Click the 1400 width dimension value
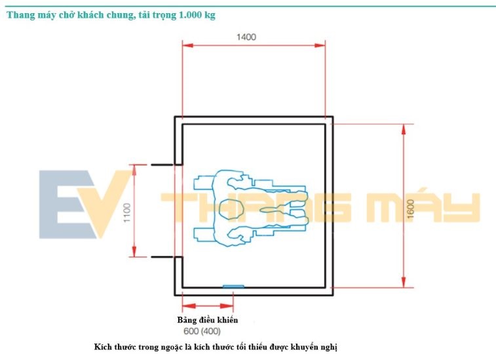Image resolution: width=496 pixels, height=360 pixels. coord(246,37)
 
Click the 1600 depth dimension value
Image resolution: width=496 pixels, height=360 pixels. coord(410,209)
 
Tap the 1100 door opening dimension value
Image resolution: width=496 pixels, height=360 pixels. coord(127,212)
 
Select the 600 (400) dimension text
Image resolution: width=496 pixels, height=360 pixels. coord(202,331)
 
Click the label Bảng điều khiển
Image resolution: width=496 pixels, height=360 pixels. coord(208,320)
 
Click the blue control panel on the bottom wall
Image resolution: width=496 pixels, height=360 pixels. coord(233,286)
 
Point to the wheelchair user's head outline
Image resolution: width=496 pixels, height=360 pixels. coord(231,209)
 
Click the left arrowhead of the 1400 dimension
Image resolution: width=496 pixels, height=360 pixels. coord(188,45)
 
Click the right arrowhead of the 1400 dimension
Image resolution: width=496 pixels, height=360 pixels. coord(320,45)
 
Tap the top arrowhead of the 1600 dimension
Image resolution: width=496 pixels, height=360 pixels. coord(404,130)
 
